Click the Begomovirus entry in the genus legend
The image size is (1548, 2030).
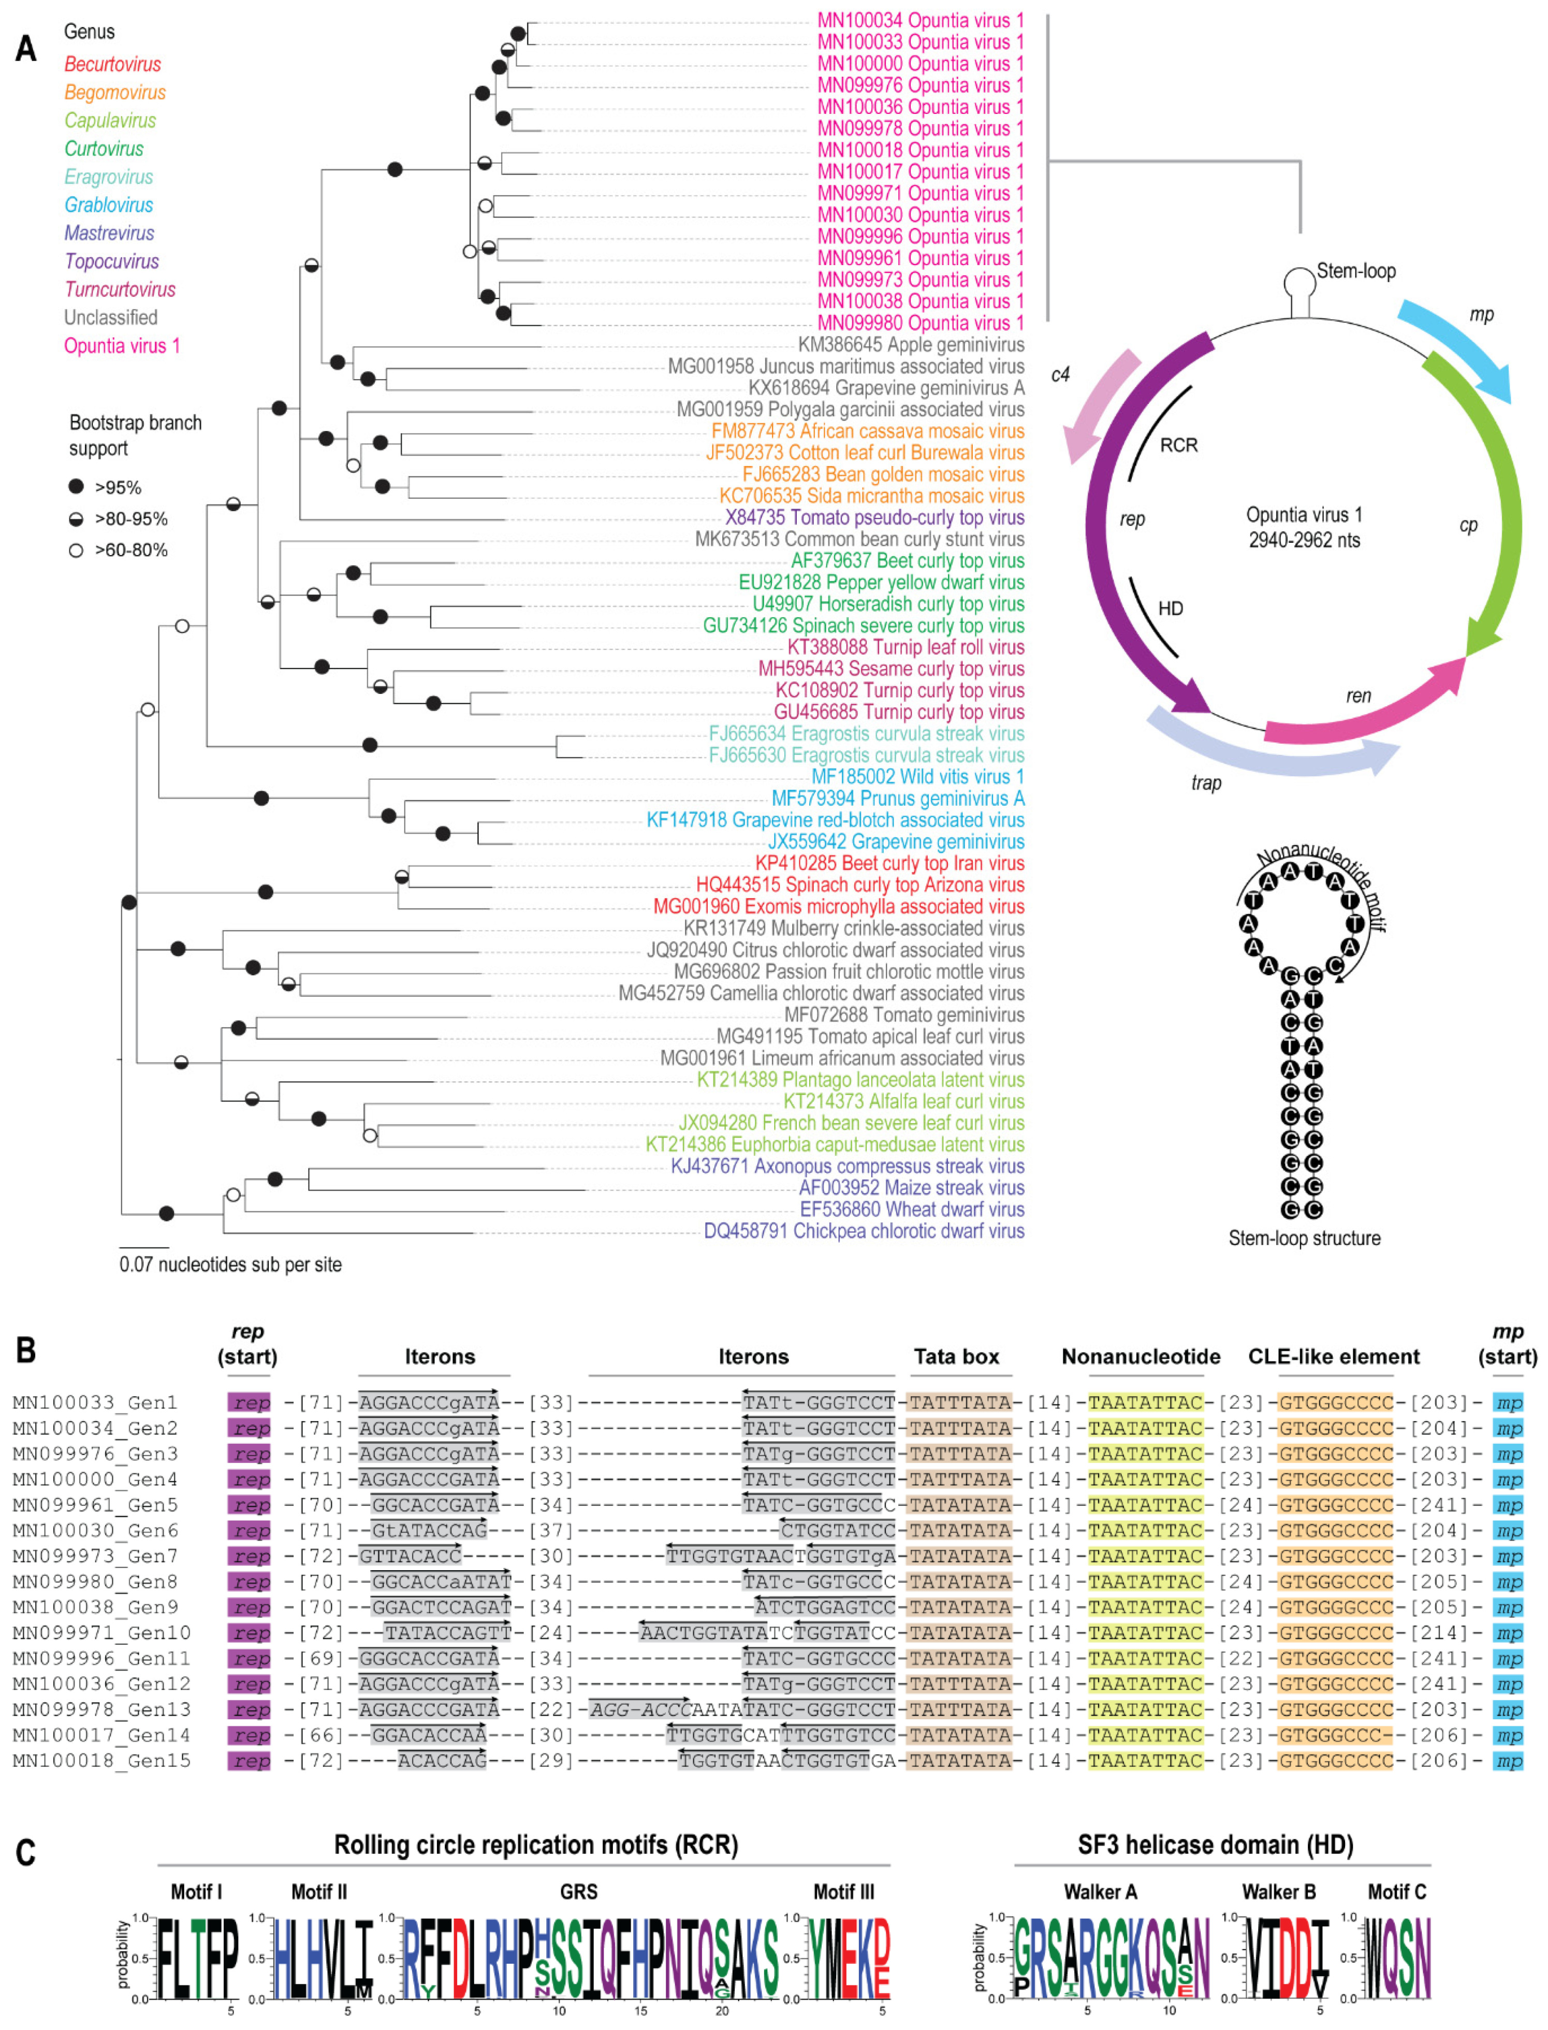[x=115, y=92]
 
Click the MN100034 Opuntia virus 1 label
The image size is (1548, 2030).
[x=921, y=20]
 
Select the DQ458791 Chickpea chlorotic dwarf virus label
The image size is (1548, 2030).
[x=864, y=1231]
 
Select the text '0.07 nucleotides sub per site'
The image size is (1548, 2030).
[x=230, y=1264]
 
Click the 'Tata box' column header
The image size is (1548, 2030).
[x=956, y=1356]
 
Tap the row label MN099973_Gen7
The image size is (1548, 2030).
[x=101, y=1556]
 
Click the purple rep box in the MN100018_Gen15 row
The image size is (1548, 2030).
[x=250, y=1761]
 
